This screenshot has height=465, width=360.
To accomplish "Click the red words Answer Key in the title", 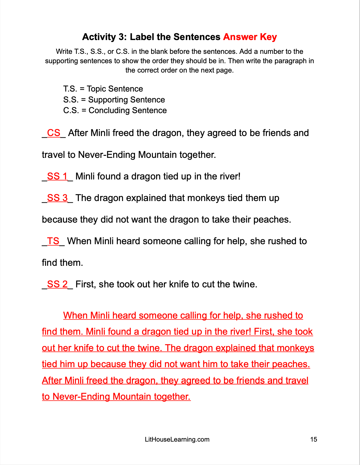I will pos(250,37).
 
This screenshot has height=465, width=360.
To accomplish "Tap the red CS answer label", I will pos(54,133).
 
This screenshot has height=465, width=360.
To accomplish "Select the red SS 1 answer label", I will pos(57,176).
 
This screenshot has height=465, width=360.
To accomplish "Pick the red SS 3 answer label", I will pos(57,198).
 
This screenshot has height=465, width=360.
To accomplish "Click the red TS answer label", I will pos(53,241).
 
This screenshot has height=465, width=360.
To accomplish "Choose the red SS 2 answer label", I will pos(57,284).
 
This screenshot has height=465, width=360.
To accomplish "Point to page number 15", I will pos(313,440).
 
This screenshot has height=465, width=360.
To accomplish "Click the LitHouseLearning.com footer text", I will pos(177,440).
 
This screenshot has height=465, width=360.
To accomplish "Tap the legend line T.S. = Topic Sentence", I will pos(103,89).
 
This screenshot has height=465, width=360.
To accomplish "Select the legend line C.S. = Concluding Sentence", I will pos(115,111).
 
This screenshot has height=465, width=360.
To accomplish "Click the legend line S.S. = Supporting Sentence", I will pos(114,100).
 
